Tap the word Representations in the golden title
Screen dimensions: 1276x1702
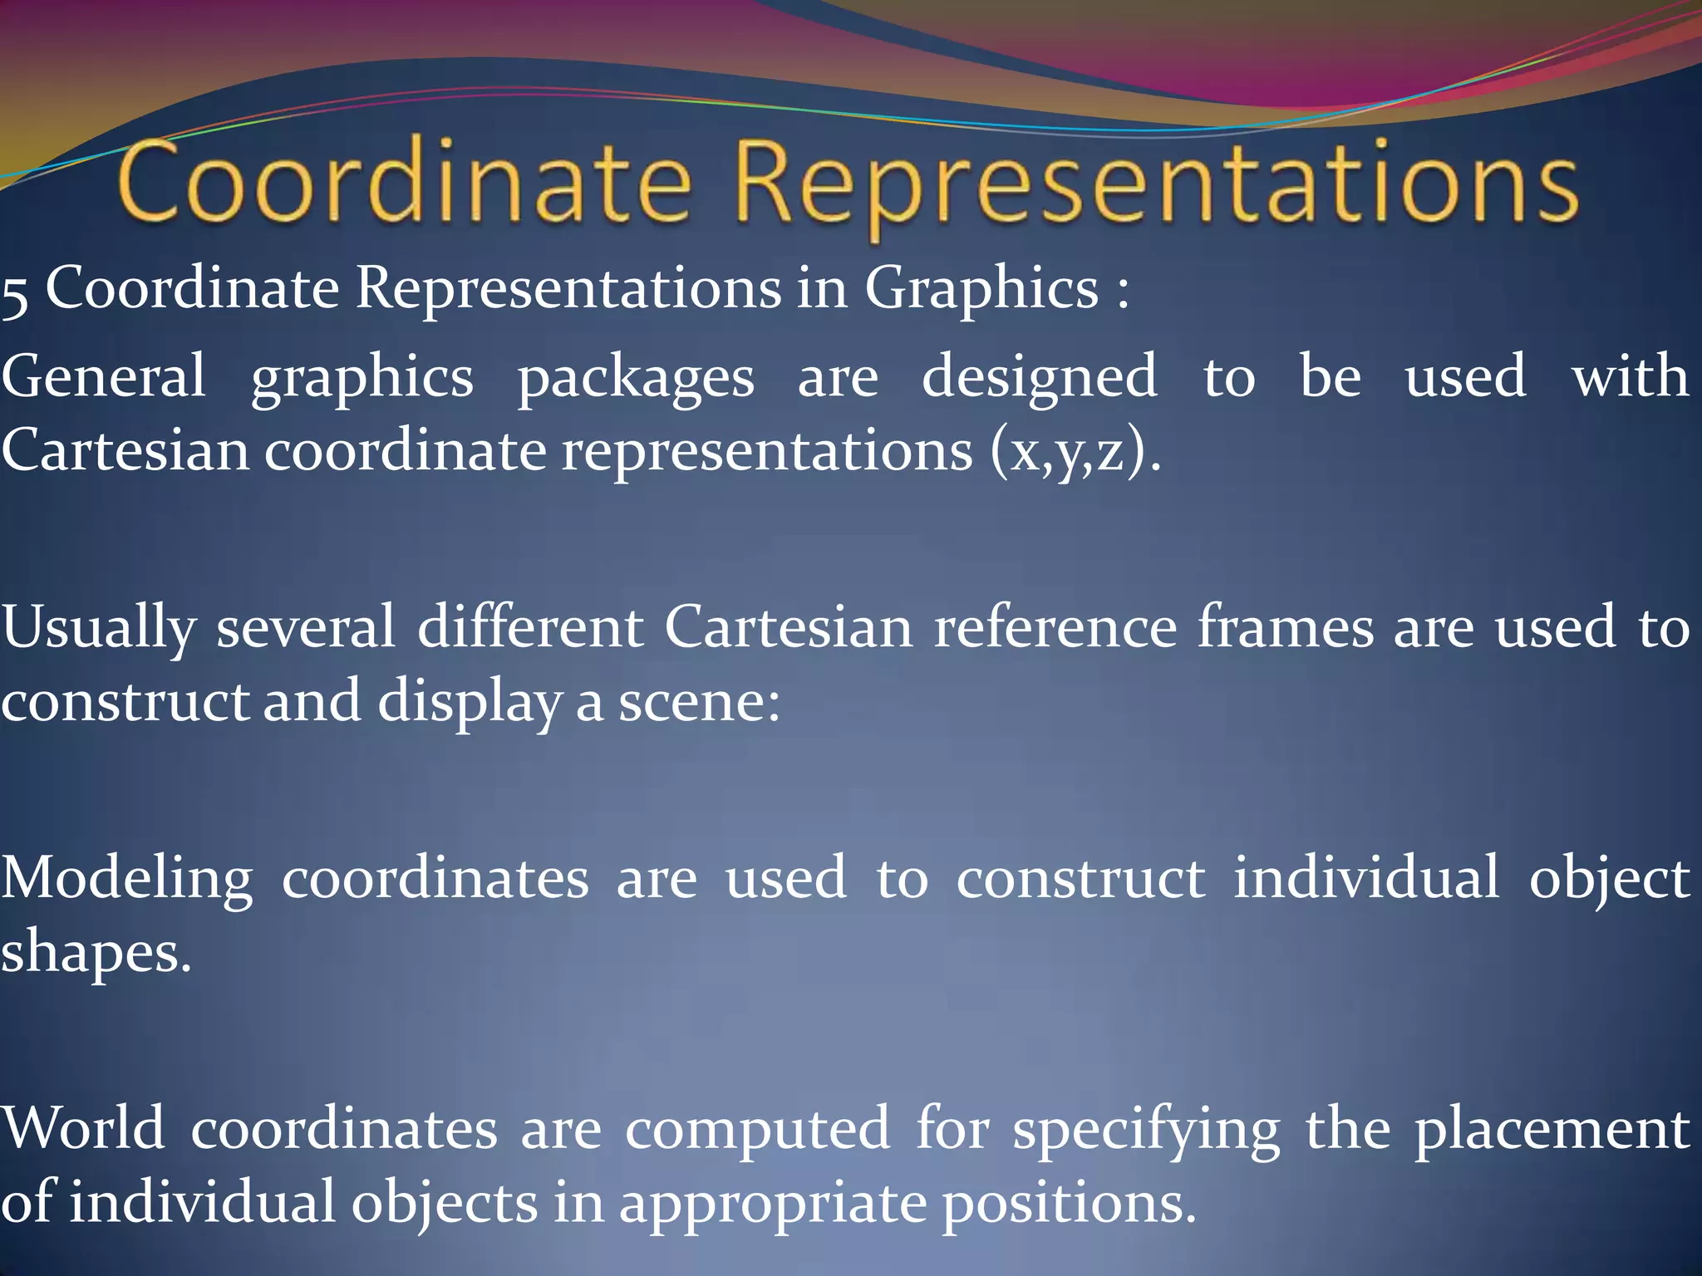1155,184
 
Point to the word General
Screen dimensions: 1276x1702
103,376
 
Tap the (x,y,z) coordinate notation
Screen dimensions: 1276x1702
1068,454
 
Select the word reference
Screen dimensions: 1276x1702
1055,626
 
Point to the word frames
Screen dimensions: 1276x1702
1285,626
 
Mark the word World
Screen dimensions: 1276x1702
82,1128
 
